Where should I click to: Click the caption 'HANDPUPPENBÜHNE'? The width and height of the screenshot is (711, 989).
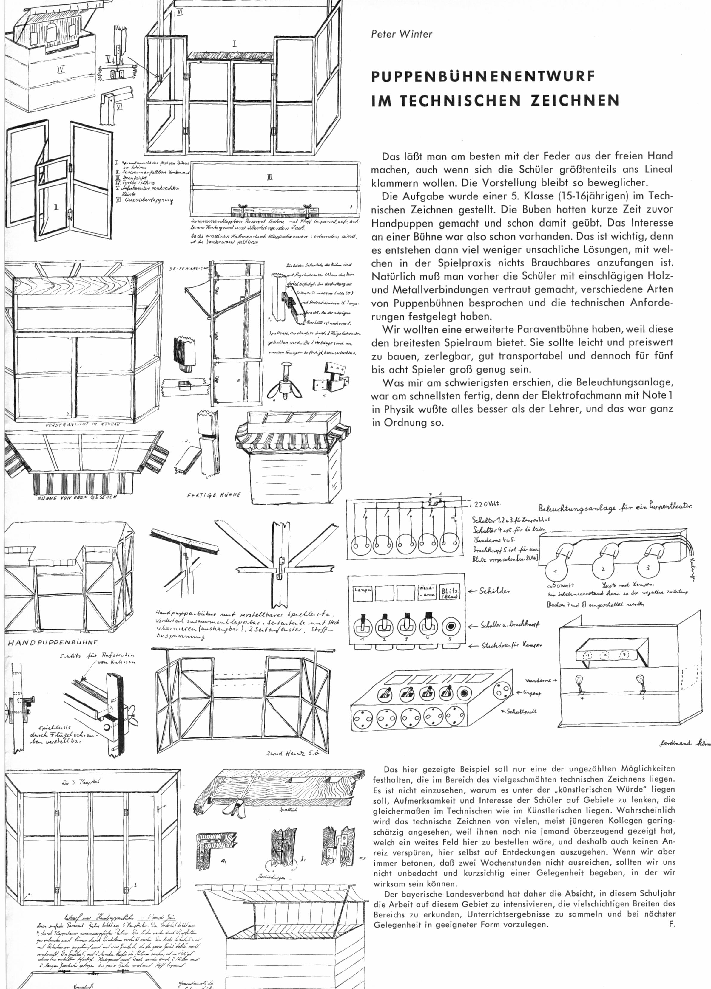[x=53, y=642]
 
